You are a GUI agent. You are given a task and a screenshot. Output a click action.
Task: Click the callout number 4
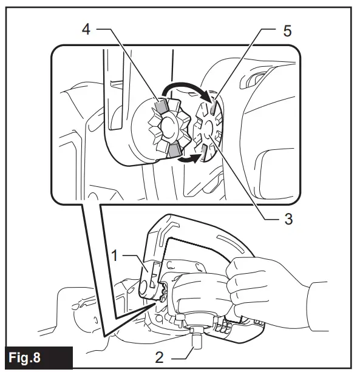(x=87, y=29)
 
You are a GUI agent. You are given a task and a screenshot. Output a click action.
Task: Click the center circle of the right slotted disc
(x=206, y=130)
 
